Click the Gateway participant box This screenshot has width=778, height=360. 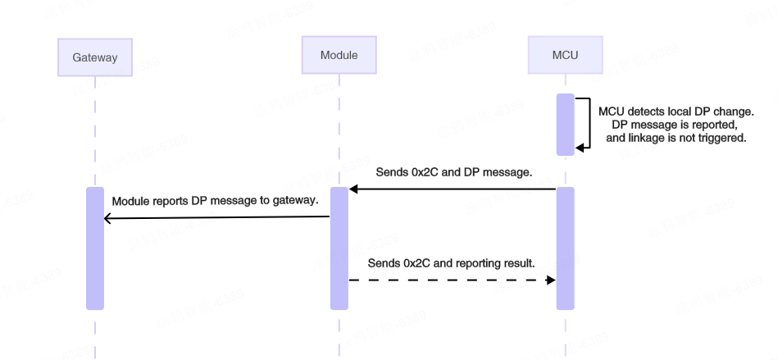tap(95, 57)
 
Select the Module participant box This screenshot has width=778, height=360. tap(339, 55)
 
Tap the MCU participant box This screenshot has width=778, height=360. tap(565, 55)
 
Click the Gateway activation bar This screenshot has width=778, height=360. tap(95, 248)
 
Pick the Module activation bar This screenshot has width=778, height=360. tap(339, 248)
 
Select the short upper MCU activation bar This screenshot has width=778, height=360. tap(565, 125)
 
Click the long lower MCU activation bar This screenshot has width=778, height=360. tap(565, 248)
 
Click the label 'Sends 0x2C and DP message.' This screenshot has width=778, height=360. tap(454, 173)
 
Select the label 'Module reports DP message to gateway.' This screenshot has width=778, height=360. tap(215, 201)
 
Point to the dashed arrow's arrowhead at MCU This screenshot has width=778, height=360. tap(552, 280)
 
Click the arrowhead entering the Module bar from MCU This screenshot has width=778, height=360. tap(353, 189)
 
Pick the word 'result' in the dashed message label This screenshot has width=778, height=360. tap(517, 263)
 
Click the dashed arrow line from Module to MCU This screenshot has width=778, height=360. tap(451, 280)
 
